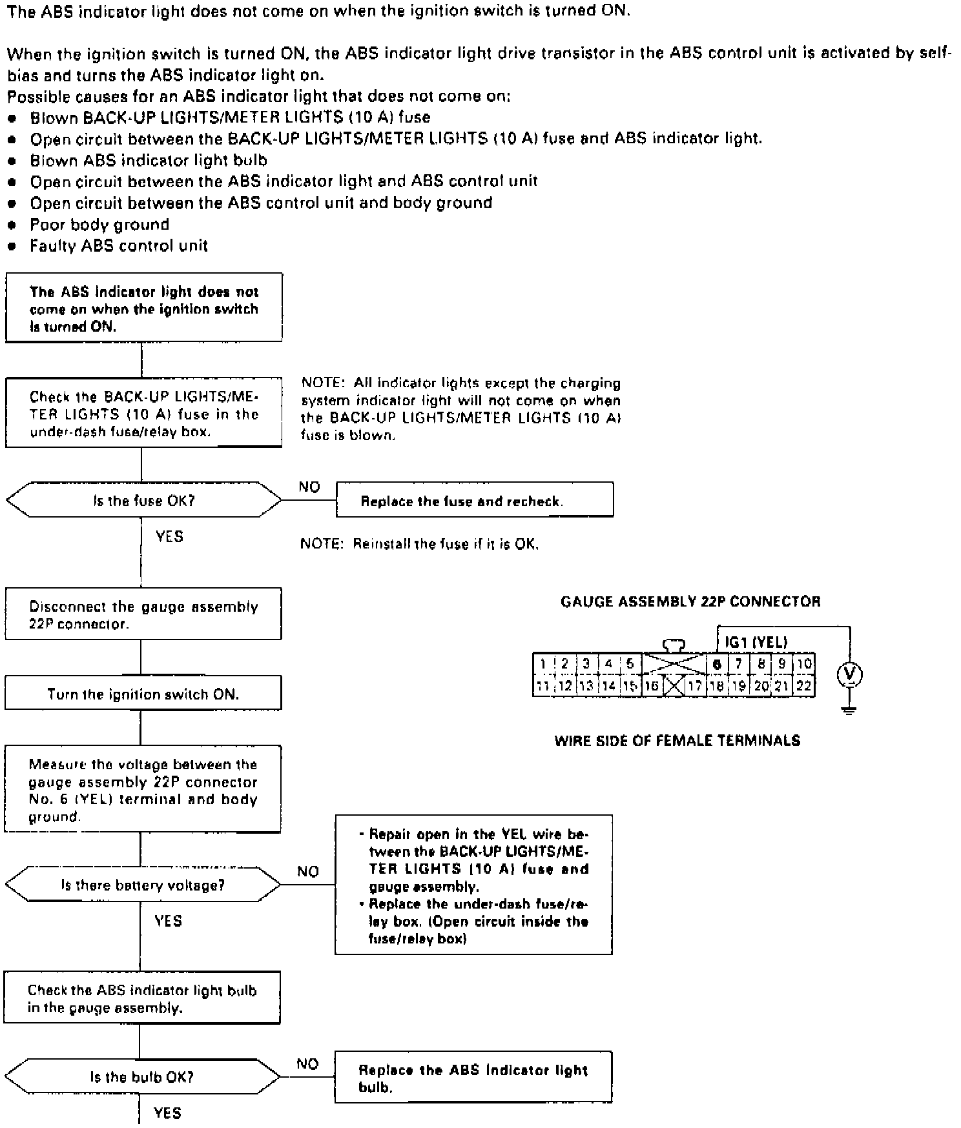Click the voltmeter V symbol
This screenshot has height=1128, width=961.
(x=849, y=675)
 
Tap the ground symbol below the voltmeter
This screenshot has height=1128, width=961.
(x=849, y=710)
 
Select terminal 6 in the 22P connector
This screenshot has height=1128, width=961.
(x=716, y=664)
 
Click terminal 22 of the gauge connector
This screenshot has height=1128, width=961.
(x=803, y=686)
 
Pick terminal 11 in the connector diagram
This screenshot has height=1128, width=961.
(x=542, y=686)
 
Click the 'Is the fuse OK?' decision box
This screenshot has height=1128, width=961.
(x=143, y=500)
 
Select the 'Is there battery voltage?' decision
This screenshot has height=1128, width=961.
(x=143, y=885)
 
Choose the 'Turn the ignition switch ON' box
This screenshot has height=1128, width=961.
(x=143, y=694)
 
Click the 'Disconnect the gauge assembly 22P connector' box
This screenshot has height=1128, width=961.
(x=143, y=614)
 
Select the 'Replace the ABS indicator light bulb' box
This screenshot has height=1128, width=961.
(x=473, y=1078)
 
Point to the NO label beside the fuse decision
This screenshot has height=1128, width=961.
(x=309, y=487)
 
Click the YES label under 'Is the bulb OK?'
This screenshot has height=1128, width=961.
(x=167, y=1113)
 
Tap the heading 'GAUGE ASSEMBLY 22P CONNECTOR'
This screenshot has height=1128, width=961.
(x=690, y=601)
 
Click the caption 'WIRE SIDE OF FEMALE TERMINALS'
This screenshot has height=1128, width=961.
(x=677, y=740)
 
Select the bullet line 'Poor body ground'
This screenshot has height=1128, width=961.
(x=99, y=225)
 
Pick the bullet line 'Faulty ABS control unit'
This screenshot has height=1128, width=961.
(x=119, y=246)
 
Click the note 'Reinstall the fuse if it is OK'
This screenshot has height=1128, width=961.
(x=420, y=544)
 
